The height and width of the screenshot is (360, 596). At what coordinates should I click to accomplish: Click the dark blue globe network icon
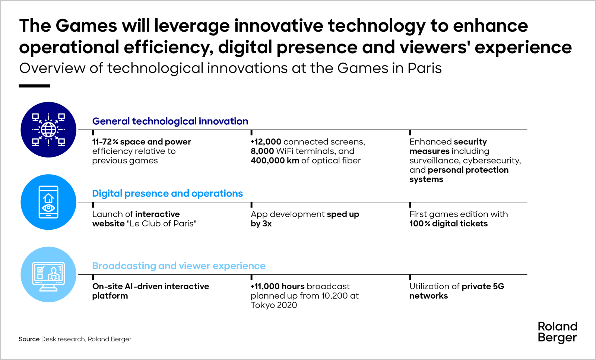coord(48,130)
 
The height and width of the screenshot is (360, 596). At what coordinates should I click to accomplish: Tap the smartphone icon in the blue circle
coord(48,202)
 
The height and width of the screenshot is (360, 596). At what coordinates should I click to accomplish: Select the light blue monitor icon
coord(48,275)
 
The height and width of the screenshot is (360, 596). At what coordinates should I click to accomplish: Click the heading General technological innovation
coord(170,121)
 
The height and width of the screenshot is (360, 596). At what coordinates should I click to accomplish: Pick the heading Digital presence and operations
coord(167,194)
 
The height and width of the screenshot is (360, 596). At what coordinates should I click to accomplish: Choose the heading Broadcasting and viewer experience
coord(179,266)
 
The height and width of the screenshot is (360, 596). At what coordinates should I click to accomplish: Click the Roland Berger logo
coord(557,332)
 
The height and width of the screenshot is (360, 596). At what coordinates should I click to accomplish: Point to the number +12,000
coord(266,142)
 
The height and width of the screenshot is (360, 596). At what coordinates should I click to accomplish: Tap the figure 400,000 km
coord(275,161)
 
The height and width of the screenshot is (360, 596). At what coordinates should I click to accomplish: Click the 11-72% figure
coord(105,142)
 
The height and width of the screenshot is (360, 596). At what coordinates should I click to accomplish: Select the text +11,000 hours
coord(278,286)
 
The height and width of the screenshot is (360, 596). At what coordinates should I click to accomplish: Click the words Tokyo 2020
coord(274,305)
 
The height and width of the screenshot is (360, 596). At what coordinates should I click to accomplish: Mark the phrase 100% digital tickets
coord(448,224)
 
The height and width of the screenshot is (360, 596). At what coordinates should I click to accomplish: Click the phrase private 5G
coord(483,286)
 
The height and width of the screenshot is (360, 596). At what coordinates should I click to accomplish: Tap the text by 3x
coord(261,224)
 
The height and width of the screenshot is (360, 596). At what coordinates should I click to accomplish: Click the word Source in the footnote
coord(29,339)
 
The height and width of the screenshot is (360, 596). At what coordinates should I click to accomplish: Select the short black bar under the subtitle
coord(34,86)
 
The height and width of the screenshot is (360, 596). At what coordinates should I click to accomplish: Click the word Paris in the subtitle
coord(424,69)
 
